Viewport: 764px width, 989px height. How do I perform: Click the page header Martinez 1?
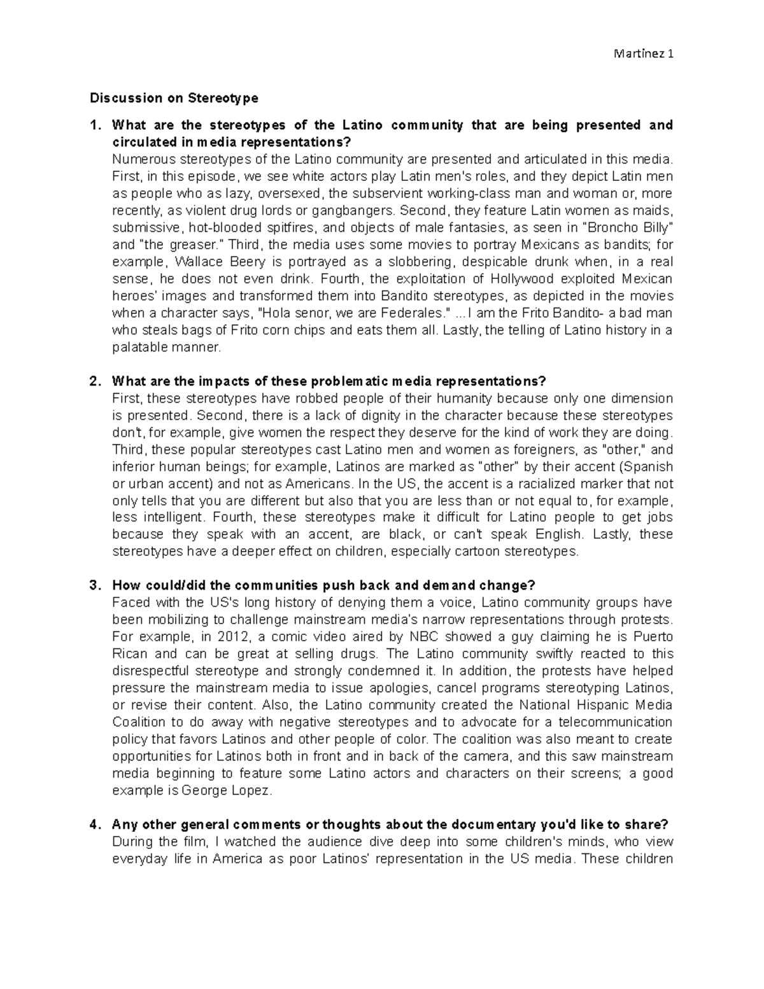click(643, 54)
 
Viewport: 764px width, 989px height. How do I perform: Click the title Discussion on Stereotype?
click(174, 98)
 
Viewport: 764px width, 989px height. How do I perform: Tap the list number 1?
click(95, 125)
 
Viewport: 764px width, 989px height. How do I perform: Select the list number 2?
click(95, 381)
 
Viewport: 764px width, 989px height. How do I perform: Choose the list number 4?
click(95, 825)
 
